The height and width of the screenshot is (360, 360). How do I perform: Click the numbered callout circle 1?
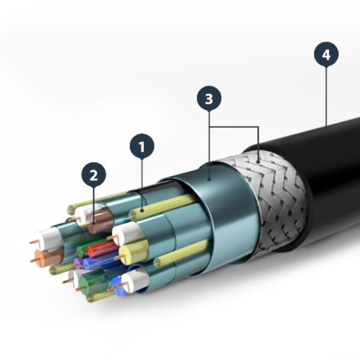click(x=142, y=146)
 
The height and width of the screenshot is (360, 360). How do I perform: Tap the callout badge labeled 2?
click(x=94, y=175)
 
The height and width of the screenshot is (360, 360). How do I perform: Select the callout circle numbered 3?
click(x=209, y=99)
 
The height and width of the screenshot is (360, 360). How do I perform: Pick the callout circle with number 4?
click(x=326, y=55)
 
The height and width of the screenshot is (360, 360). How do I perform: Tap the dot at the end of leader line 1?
click(x=142, y=211)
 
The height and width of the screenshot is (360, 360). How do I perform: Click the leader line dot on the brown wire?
click(x=94, y=223)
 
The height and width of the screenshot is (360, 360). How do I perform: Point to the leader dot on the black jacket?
click(x=326, y=128)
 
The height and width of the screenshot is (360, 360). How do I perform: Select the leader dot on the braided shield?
click(x=259, y=160)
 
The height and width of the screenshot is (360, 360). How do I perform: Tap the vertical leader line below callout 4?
click(x=326, y=96)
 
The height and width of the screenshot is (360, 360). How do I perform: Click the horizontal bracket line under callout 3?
click(x=234, y=127)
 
